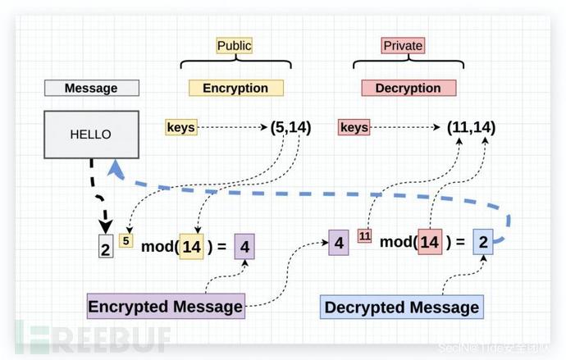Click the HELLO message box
pyautogui.click(x=90, y=134)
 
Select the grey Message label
pyautogui.click(x=90, y=88)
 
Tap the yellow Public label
pyautogui.click(x=234, y=45)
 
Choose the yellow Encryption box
pyautogui.click(x=235, y=88)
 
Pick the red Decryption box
pyautogui.click(x=408, y=88)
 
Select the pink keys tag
pyautogui.click(x=354, y=127)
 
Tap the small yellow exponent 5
pyautogui.click(x=126, y=240)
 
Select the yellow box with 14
pyautogui.click(x=191, y=246)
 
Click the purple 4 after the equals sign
pyautogui.click(x=244, y=246)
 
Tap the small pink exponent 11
pyautogui.click(x=364, y=236)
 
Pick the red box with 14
pyautogui.click(x=430, y=243)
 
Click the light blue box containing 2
pyautogui.click(x=484, y=243)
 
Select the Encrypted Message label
pyautogui.click(x=166, y=307)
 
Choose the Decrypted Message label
pyautogui.click(x=401, y=308)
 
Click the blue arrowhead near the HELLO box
pyautogui.click(x=116, y=169)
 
